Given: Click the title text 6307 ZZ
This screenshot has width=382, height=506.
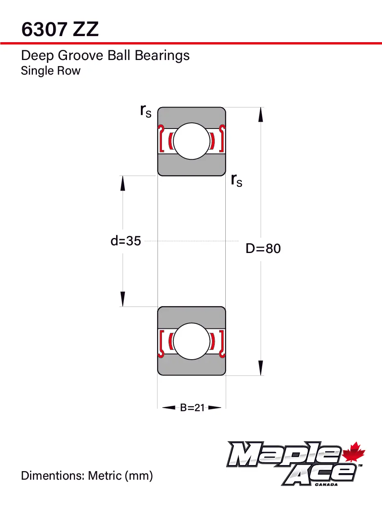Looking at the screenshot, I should pos(60,30).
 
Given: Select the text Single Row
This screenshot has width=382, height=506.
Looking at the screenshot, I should pos(51,71).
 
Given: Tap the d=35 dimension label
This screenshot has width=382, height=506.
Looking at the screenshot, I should pos(126,241).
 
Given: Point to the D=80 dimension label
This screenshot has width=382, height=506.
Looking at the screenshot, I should pos(263,248).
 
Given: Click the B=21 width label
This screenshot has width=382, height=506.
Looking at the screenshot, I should pos(192,408).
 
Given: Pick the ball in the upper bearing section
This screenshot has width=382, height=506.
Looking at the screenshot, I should pos(192,141).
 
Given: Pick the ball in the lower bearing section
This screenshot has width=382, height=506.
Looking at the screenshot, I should pos(192,341).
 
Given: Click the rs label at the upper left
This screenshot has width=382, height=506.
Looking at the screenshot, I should pos(145,111).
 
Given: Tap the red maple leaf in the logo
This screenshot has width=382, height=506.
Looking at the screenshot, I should pos(354,453).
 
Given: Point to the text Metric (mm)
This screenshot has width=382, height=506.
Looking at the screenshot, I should pos(121,475).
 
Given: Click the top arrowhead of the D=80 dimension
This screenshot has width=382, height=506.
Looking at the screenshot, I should pos(261,114).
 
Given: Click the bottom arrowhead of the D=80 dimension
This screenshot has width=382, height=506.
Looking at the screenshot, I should pos(261,368).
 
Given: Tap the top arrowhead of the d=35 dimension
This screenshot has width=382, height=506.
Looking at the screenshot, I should pos(123,183).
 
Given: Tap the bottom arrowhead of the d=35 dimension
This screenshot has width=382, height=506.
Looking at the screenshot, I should pos(123,299).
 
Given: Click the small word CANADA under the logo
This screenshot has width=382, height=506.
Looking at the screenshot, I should pos(326,484).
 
